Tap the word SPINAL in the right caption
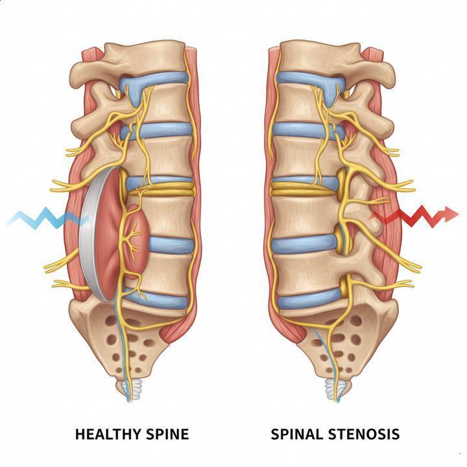pyautogui.click(x=294, y=433)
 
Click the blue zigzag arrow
pyautogui.click(x=45, y=218)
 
